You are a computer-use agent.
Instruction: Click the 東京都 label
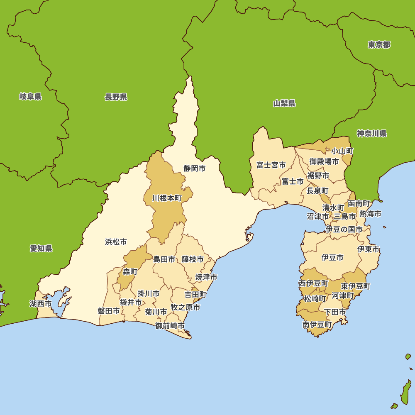click(379, 45)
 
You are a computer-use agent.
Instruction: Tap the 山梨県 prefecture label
click(284, 103)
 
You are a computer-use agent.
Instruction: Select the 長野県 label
click(116, 97)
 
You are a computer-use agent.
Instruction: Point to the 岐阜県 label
click(30, 97)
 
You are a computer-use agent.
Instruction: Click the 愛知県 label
click(41, 249)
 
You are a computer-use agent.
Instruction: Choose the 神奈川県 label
click(372, 134)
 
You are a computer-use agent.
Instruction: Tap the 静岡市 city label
click(195, 168)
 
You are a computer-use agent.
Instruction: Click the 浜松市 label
click(116, 242)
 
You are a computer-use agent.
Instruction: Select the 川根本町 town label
click(167, 198)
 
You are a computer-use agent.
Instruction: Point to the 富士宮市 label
click(271, 165)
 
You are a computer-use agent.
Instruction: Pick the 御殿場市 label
click(324, 161)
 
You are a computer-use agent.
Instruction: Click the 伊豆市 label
click(332, 258)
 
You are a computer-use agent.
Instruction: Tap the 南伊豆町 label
click(317, 325)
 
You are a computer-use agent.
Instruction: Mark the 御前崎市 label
click(170, 326)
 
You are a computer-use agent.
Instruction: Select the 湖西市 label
click(41, 304)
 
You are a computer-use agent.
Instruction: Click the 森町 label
click(130, 272)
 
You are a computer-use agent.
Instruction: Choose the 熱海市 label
click(370, 214)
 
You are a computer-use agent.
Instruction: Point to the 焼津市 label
click(206, 277)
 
